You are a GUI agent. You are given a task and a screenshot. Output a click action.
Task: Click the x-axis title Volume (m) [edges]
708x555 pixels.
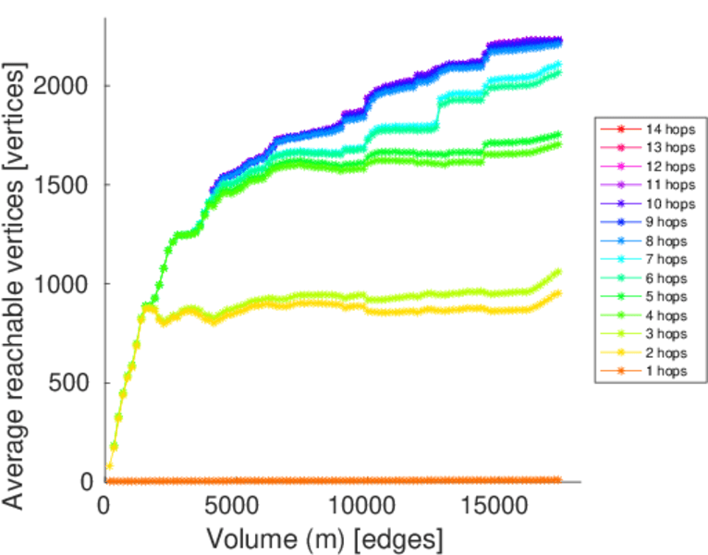pos(324,537)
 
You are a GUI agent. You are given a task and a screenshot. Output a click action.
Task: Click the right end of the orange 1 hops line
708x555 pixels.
pos(558,480)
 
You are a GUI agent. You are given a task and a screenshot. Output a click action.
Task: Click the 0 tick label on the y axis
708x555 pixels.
pos(87,481)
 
